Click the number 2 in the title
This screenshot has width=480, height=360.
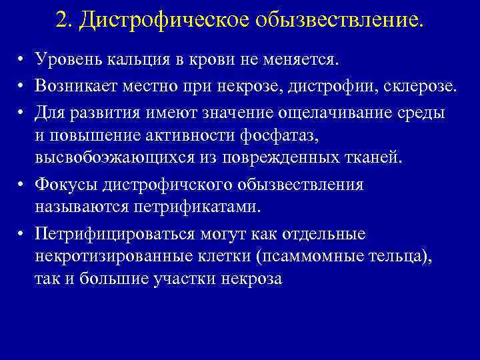tap(62, 20)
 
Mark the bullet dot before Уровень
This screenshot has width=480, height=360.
tap(22, 61)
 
